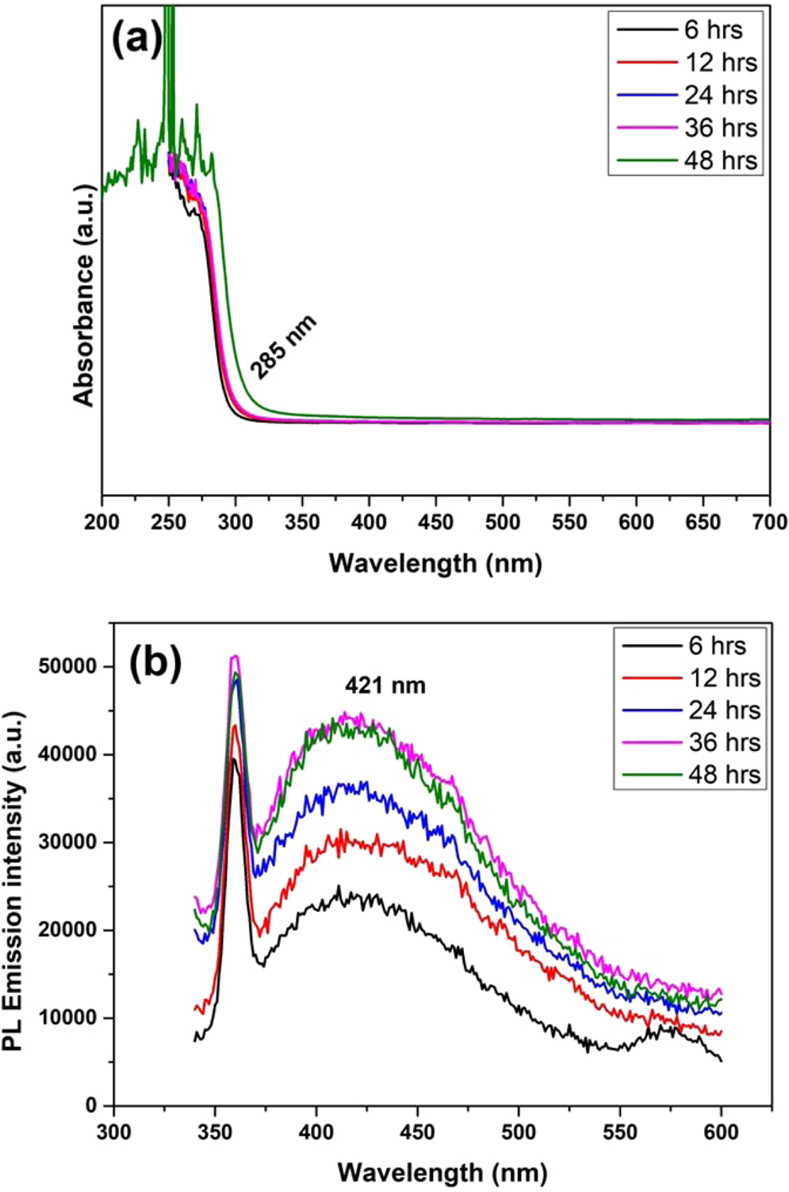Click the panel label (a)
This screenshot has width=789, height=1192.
pos(136,38)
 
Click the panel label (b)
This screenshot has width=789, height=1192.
pos(156,662)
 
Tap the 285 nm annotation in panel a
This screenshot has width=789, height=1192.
pos(283,347)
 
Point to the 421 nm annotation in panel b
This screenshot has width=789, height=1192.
pos(385,685)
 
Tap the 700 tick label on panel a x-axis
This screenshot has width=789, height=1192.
pos(769,522)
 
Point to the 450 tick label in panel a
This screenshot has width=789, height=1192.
pos(435,522)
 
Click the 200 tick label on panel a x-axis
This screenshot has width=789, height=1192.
pos(102,522)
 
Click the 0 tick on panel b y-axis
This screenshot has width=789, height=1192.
pos(92,1106)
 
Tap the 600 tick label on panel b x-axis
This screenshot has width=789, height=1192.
pos(721,1133)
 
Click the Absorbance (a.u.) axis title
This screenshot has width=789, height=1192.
pos(84,295)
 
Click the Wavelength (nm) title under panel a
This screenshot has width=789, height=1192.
pos(435,563)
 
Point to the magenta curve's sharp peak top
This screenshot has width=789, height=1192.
pos(235,656)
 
